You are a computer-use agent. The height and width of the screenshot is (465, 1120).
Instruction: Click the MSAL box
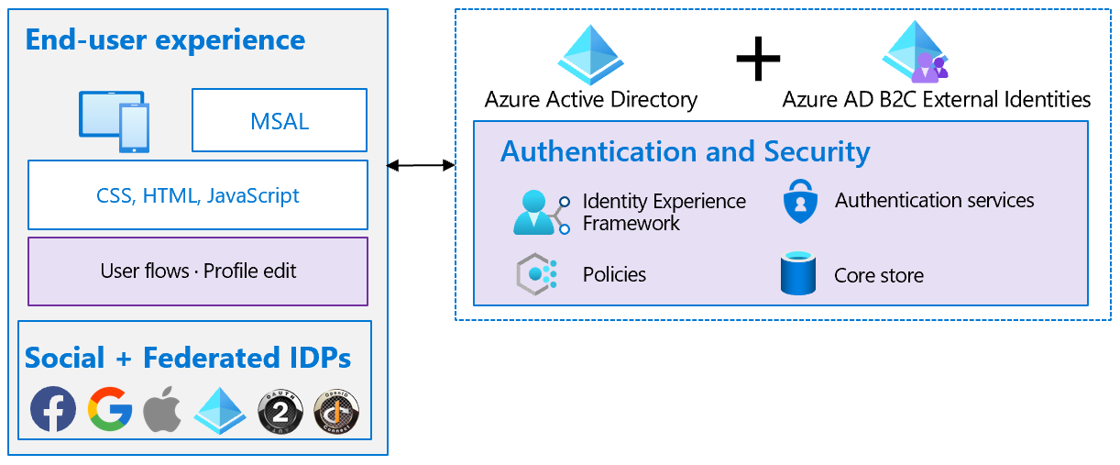point(279,120)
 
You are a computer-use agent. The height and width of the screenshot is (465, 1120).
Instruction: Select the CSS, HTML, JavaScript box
point(198,195)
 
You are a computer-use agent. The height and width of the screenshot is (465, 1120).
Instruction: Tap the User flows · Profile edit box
point(198,271)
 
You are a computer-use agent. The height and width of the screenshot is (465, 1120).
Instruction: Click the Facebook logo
point(53,409)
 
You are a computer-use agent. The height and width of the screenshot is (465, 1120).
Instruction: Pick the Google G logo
point(110,409)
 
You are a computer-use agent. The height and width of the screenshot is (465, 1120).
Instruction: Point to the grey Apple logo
point(163,410)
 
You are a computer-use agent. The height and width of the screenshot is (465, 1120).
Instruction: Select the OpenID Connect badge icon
point(336,410)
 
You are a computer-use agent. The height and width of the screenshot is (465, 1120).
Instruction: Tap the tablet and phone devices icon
point(114,121)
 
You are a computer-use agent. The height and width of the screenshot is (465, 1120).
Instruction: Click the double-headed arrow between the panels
point(421,165)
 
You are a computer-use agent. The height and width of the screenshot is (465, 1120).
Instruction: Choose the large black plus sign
point(758,59)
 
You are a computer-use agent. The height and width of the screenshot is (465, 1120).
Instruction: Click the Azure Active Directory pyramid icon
point(590,54)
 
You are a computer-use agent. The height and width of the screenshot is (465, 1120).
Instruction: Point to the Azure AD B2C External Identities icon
point(915,52)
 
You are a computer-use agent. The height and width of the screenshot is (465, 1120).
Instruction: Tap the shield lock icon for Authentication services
point(799,202)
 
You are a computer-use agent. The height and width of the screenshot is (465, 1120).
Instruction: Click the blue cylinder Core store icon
point(798,273)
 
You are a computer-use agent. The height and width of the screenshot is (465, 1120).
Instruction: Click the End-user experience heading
point(165,40)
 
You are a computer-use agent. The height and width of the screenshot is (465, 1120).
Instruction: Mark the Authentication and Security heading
point(685,151)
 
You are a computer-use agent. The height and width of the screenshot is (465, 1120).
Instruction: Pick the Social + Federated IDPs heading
point(188,358)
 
